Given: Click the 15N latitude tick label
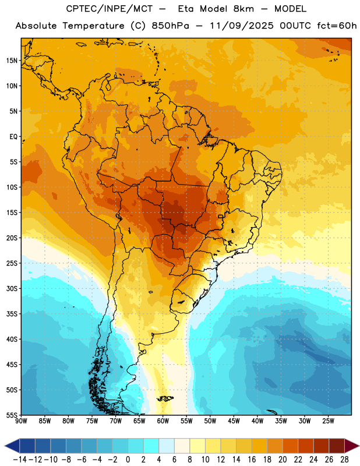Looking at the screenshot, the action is point(12,61).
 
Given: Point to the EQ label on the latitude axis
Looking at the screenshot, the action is point(13,137).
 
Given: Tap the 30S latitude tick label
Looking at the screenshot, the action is point(12,288).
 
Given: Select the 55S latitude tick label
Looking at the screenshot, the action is point(12,415).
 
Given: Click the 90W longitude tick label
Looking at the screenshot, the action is point(21,421).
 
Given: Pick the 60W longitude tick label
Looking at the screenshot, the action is point(163,421).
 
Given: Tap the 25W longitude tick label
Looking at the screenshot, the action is point(328,421).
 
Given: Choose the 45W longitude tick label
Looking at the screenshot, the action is point(234,421).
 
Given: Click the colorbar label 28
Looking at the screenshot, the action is point(344,460).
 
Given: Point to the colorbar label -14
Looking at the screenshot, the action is point(20,460).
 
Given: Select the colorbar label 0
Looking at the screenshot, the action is point(128,460).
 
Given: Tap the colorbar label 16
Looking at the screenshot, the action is point(252,460).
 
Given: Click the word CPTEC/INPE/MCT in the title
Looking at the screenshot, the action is point(109,9).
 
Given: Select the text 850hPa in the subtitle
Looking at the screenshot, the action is point(170,26).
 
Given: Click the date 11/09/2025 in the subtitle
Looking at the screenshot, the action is point(242,26).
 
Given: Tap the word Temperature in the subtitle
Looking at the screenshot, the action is point(93,26).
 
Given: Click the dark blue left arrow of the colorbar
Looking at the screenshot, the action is point(12,446).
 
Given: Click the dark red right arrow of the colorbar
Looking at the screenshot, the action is point(352,446).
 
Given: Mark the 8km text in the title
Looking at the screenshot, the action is point(243,9).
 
